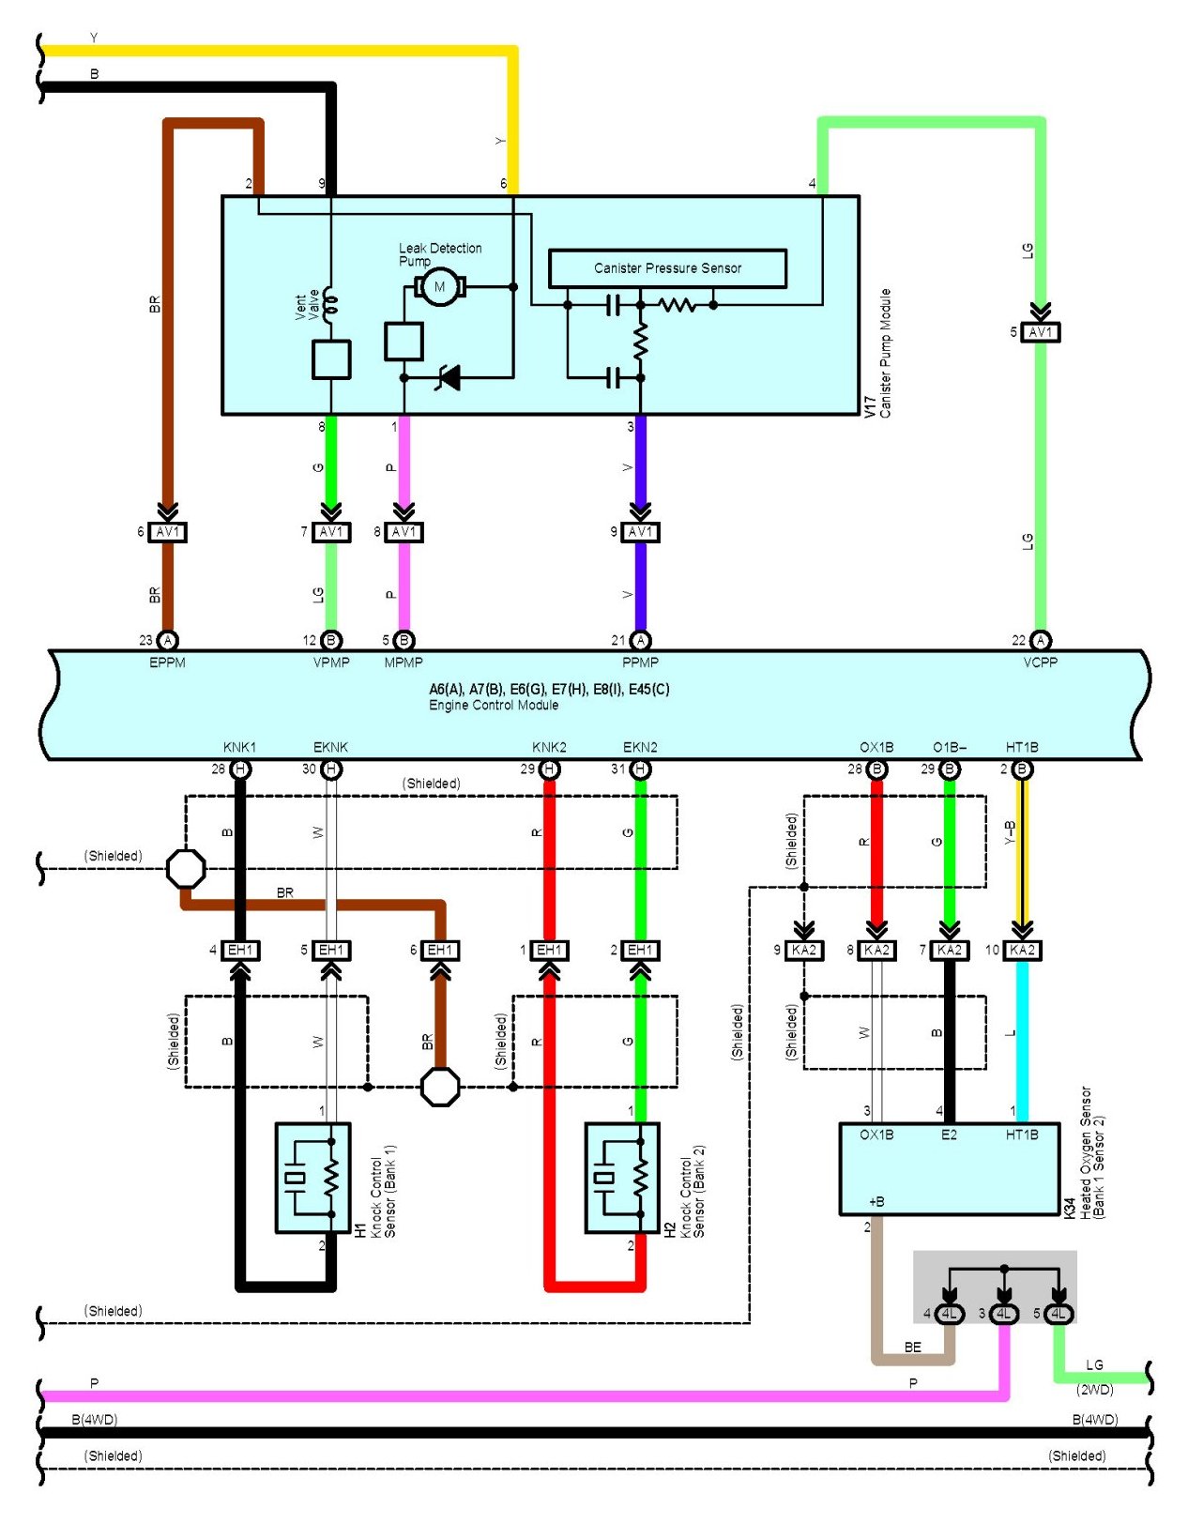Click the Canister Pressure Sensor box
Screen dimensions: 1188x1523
pos(666,267)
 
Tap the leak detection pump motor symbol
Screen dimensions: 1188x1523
pos(439,286)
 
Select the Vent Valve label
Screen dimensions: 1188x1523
pos(307,306)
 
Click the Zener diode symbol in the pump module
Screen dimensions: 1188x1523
pos(448,377)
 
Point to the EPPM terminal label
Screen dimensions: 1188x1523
pos(167,663)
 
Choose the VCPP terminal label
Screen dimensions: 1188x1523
pos(1040,663)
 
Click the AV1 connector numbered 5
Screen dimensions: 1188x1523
pos(1040,331)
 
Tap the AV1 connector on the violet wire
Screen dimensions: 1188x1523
pos(640,532)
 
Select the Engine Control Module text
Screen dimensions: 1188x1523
pos(494,705)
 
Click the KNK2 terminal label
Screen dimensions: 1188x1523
pos(549,747)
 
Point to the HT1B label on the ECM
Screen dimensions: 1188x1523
pos(1021,747)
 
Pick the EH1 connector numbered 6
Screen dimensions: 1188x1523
pos(439,951)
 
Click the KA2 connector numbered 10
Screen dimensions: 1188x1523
pos(1022,951)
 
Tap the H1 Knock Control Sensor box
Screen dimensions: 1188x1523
pos(312,1178)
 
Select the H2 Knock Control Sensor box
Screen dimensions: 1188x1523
pos(622,1178)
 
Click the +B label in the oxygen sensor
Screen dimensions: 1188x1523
pos(876,1201)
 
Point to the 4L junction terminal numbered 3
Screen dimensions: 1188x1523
pos(1004,1314)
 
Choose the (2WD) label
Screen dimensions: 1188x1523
pos(1095,1389)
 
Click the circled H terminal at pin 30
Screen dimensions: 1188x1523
pos(331,769)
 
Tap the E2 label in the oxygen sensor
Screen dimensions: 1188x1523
pos(949,1134)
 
